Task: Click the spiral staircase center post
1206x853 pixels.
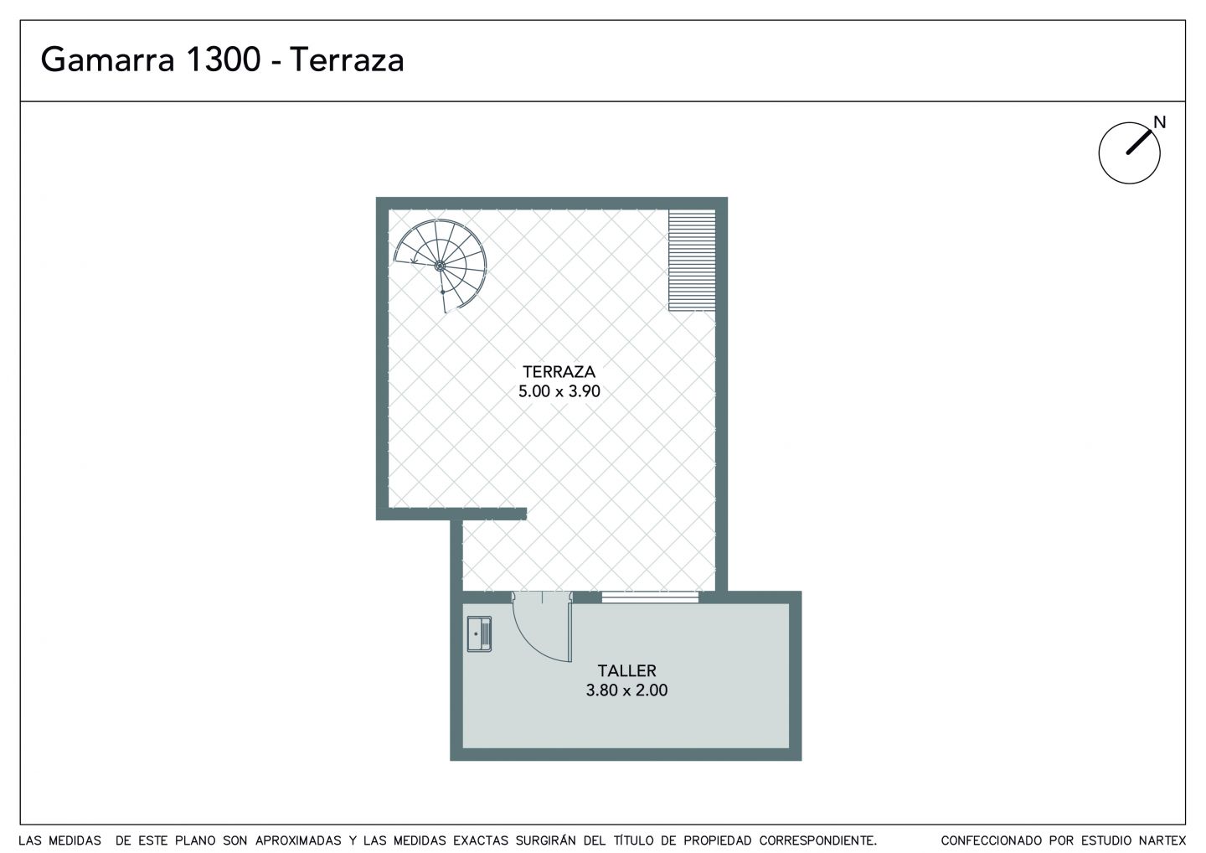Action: pyautogui.click(x=440, y=265)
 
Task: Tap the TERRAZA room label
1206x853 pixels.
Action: pyautogui.click(x=559, y=371)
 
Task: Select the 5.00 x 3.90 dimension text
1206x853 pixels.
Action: pyautogui.click(x=559, y=391)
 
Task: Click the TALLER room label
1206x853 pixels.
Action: pyautogui.click(x=626, y=671)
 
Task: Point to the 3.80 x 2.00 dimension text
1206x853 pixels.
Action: pyautogui.click(x=626, y=690)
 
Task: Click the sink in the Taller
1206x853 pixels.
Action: pyautogui.click(x=479, y=633)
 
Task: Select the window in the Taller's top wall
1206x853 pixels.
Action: pyautogui.click(x=650, y=597)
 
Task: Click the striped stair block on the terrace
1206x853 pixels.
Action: pyautogui.click(x=692, y=261)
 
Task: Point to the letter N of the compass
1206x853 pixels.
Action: pyautogui.click(x=1159, y=123)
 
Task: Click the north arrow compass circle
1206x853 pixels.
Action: pyautogui.click(x=1129, y=153)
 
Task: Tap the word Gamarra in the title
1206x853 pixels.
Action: pyautogui.click(x=108, y=59)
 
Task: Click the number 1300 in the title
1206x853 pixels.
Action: pyautogui.click(x=223, y=59)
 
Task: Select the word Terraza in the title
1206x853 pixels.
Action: pyautogui.click(x=348, y=59)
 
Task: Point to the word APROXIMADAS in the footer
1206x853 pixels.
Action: pyautogui.click(x=298, y=840)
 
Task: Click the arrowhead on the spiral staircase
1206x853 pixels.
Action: pyautogui.click(x=414, y=261)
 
